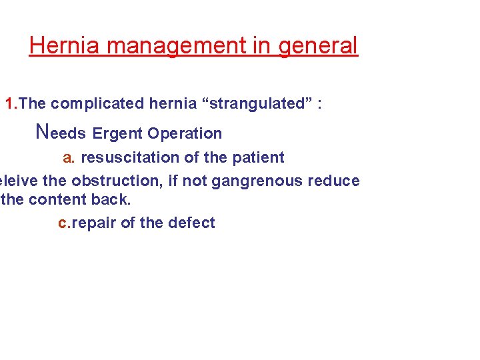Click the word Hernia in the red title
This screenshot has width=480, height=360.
pos(64,46)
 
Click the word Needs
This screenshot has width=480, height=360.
pos(61,132)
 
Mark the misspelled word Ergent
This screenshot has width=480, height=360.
pos(117,133)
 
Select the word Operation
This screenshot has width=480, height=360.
pos(185,133)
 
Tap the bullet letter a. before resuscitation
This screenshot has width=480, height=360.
pos(69,158)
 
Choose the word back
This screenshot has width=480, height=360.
pos(109,199)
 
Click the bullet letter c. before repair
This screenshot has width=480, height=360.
pos(64,223)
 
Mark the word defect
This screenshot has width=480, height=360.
pos(193,223)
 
